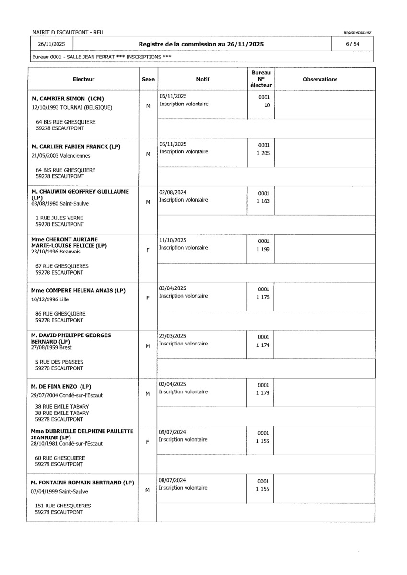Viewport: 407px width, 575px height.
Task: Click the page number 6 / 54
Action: pos(355,44)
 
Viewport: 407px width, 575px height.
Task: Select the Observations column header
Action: pos(320,79)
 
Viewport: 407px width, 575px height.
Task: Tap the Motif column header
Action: pos(202,79)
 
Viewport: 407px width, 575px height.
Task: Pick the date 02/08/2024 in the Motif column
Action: pos(173,192)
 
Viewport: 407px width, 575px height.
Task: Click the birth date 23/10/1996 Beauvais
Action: pos(56,251)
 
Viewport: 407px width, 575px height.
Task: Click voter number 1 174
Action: pos(263,345)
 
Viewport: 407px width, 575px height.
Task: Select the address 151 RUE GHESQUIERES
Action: pos(63,506)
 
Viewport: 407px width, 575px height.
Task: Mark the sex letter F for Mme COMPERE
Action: pos(148,298)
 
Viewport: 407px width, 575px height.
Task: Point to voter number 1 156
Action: pos(263,489)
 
